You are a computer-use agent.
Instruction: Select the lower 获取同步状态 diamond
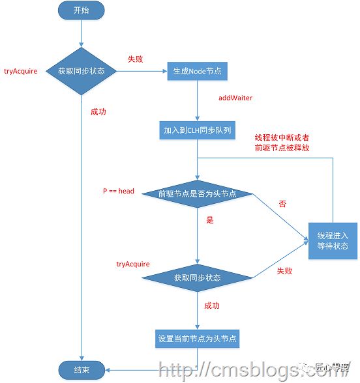(x=197, y=277)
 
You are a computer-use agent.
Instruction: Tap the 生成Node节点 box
(x=197, y=71)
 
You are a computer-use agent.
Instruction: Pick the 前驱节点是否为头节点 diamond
(x=197, y=193)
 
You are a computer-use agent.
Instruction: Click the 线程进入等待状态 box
(x=333, y=240)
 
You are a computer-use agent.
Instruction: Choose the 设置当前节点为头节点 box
(x=197, y=339)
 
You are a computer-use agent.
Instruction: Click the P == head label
(x=119, y=191)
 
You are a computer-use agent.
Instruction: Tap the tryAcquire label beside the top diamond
(x=21, y=70)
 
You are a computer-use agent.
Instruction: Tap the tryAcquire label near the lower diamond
(x=133, y=264)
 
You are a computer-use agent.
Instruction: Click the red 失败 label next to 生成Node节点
(x=136, y=59)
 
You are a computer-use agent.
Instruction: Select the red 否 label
(x=282, y=204)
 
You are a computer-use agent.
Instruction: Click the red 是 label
(x=210, y=220)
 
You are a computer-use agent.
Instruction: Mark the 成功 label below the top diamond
(x=98, y=111)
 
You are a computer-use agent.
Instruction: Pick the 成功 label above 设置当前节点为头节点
(x=212, y=305)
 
